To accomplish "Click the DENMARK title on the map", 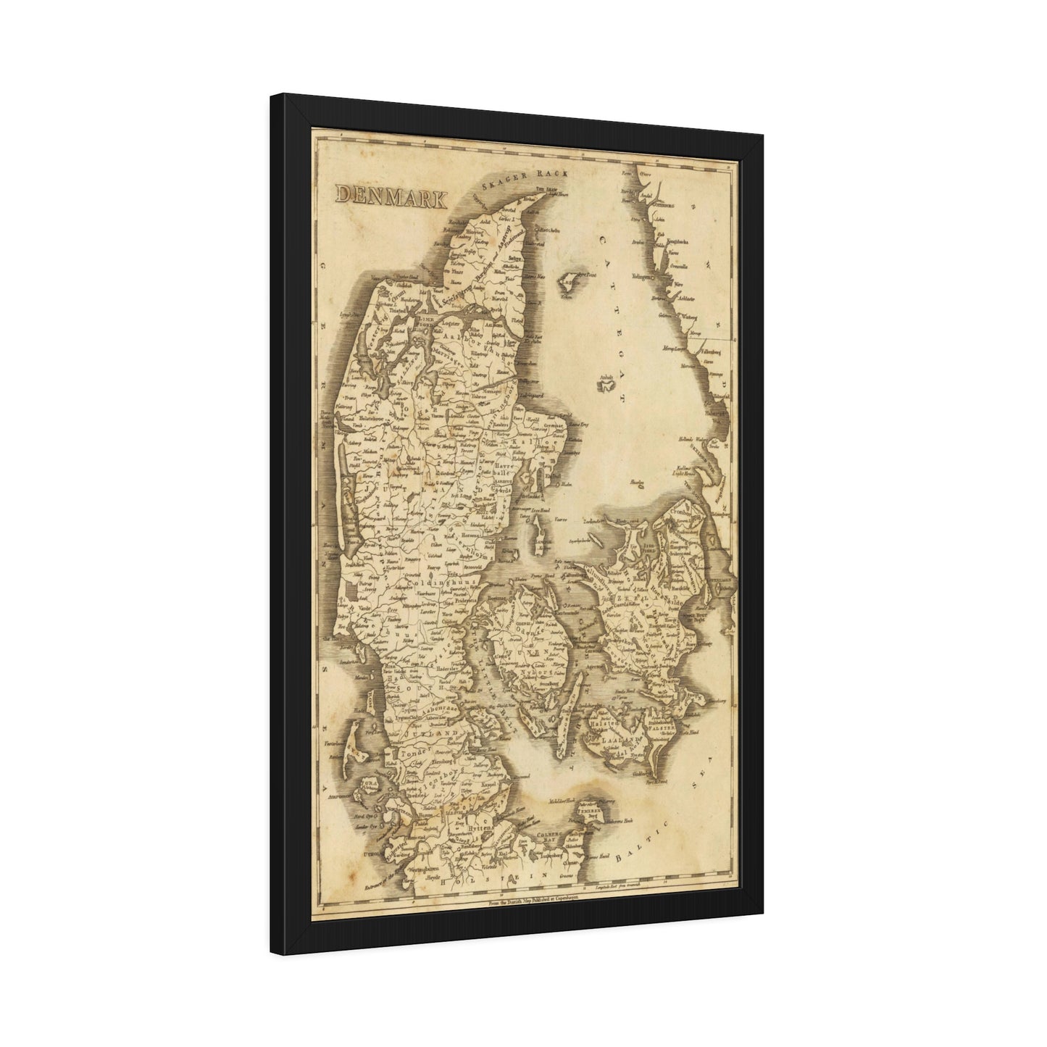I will click(391, 196).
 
